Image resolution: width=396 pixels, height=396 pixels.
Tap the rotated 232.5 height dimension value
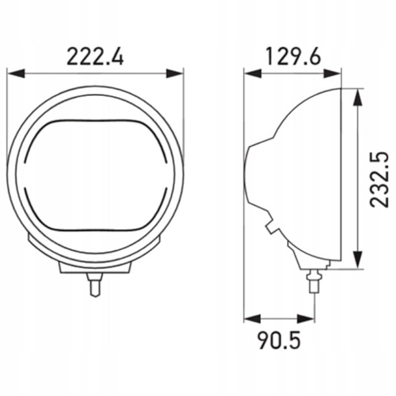(x=379, y=178)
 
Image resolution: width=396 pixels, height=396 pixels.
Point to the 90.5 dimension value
(x=279, y=340)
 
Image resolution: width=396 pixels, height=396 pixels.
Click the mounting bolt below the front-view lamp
(x=95, y=285)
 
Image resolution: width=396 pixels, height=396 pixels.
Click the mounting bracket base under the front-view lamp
(x=95, y=267)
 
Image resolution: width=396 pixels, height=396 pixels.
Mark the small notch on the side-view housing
(x=271, y=229)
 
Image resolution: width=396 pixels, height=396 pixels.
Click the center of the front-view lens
(x=95, y=177)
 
